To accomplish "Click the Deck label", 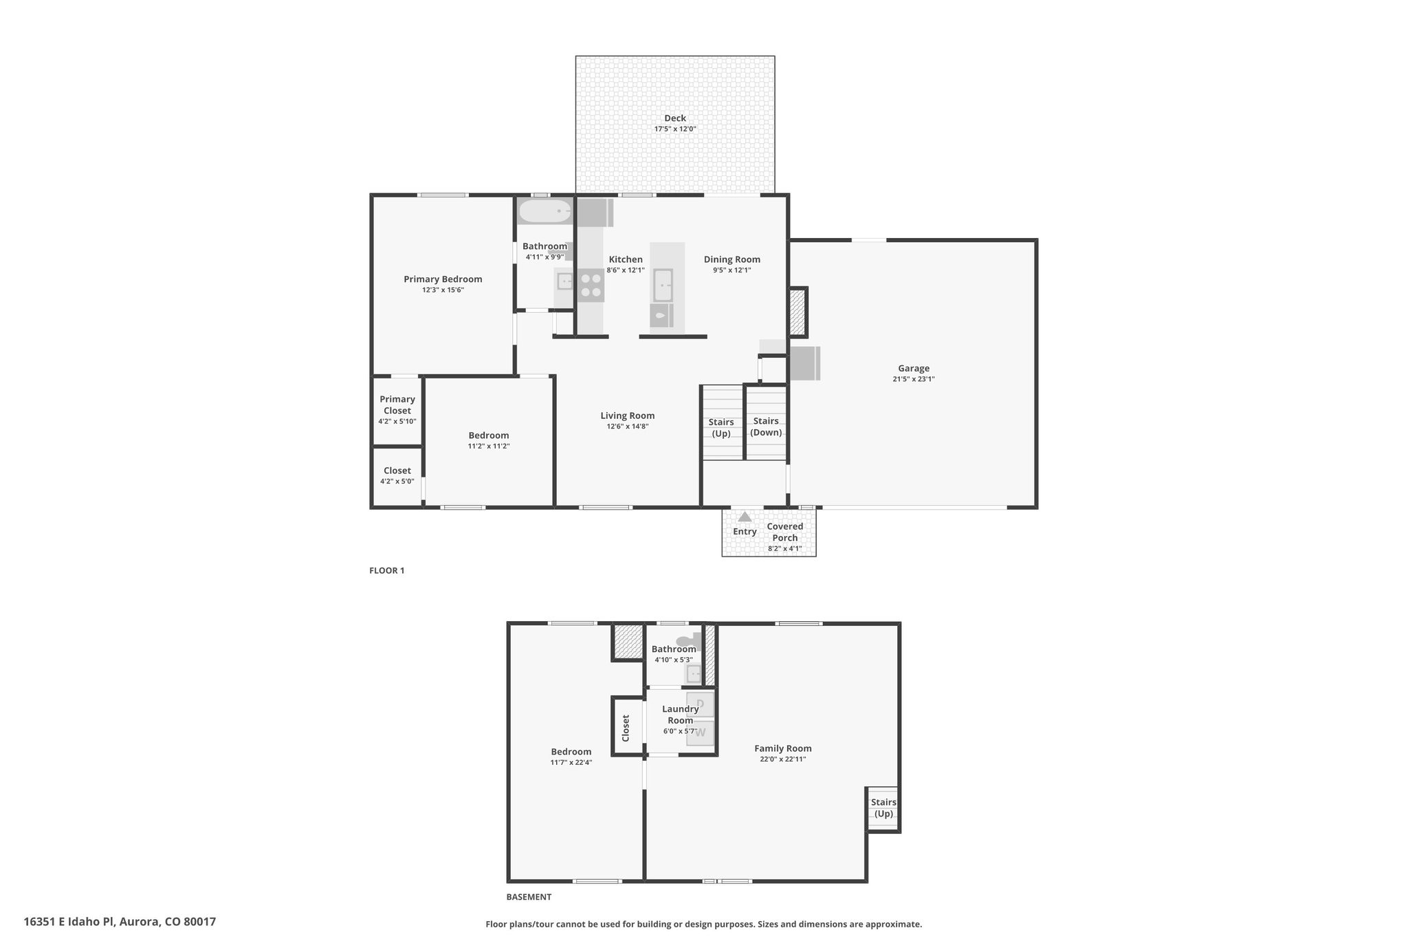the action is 675,118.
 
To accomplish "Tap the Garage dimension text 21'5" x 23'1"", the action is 914,379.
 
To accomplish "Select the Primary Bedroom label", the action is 443,279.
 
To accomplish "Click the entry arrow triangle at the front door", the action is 745,516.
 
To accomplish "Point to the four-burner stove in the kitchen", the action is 591,285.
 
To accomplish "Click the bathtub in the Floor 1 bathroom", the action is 545,211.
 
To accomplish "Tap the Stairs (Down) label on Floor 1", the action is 766,427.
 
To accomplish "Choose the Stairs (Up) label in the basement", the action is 883,808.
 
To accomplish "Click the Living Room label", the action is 628,415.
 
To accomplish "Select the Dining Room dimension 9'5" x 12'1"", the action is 732,270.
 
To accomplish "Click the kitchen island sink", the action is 663,285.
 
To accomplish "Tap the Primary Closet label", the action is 397,404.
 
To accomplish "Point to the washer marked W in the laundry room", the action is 701,733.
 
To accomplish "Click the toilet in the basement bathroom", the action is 688,640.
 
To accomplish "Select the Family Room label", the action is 783,748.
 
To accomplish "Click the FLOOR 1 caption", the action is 387,570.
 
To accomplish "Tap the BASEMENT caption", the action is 529,897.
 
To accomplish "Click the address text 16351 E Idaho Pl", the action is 70,922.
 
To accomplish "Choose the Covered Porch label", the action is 785,532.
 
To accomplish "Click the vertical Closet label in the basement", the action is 626,728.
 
